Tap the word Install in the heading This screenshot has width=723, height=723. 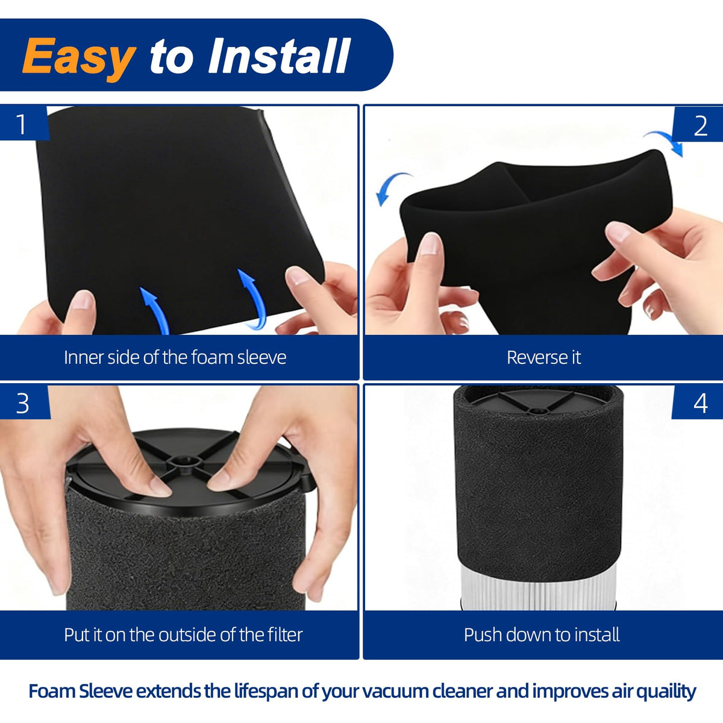[279, 55]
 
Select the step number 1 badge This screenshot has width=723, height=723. [23, 124]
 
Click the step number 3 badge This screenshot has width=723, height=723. [23, 403]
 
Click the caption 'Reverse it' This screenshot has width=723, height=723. [543, 357]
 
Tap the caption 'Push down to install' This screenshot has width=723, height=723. [542, 635]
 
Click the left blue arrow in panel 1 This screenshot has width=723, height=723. [155, 310]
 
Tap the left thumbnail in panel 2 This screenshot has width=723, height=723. [430, 243]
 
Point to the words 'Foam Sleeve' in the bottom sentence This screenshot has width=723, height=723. [81, 691]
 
